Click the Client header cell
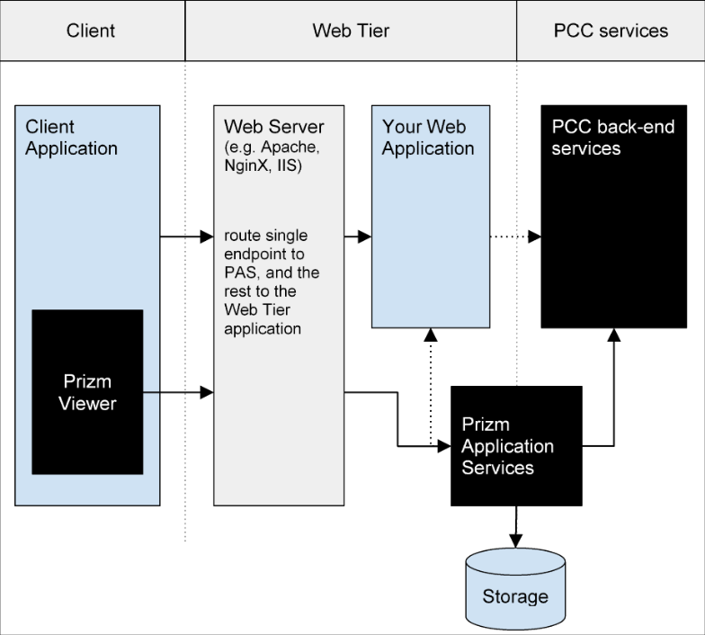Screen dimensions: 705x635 [x=92, y=31]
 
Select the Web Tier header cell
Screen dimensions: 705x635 [x=351, y=31]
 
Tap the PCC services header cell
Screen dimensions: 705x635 [x=611, y=31]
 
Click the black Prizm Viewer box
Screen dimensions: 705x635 [x=88, y=392]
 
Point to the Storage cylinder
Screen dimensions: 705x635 [x=515, y=588]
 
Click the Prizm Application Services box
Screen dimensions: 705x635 [x=516, y=446]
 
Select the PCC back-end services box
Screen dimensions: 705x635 [x=613, y=217]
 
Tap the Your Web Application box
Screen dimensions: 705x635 [x=431, y=217]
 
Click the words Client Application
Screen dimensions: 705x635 [x=72, y=138]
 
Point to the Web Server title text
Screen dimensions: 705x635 [x=273, y=127]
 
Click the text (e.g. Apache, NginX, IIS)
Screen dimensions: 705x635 [x=272, y=157]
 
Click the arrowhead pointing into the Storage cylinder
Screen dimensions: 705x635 [x=516, y=541]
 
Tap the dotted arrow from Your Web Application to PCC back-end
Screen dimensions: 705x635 [x=516, y=236]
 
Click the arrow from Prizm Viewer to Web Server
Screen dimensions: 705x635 [x=178, y=392]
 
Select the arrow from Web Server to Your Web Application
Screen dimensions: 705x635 [x=358, y=236]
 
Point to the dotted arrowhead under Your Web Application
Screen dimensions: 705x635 [x=431, y=335]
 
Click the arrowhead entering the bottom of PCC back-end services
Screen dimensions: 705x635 [x=614, y=335]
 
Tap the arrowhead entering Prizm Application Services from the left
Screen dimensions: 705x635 [x=444, y=446]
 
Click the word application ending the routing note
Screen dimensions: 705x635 [x=263, y=329]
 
